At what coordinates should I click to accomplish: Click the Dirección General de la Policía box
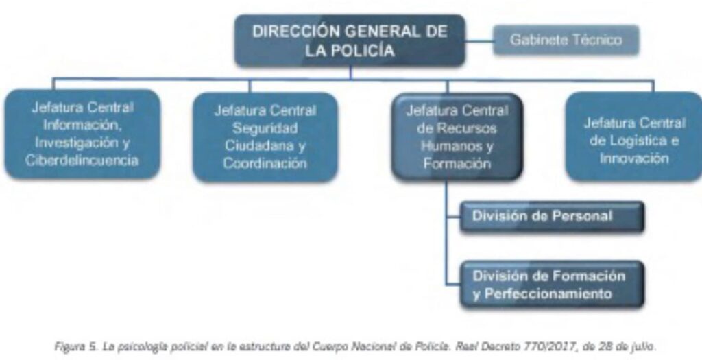point(350,40)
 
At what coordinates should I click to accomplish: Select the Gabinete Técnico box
point(566,40)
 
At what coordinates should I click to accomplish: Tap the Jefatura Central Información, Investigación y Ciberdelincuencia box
point(82,134)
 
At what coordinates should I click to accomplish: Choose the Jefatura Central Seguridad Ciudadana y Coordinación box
point(265,137)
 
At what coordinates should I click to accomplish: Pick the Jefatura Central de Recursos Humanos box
point(457,136)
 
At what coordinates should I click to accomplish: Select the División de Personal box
point(552,217)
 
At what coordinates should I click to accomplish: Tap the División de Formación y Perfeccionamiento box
point(552,285)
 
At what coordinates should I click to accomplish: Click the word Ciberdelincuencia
point(82,160)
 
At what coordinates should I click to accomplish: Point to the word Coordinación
point(265,163)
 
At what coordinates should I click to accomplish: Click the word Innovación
point(634,158)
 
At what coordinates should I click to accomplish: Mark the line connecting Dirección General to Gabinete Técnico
point(479,41)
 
